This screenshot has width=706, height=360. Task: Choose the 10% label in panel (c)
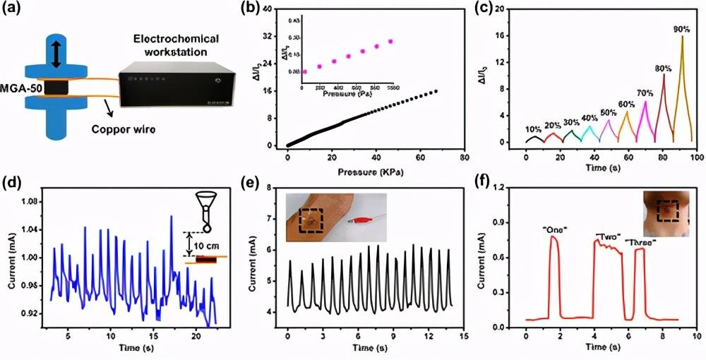[534, 128]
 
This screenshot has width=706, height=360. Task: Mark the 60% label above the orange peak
[626, 104]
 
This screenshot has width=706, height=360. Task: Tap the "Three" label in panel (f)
[639, 243]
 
